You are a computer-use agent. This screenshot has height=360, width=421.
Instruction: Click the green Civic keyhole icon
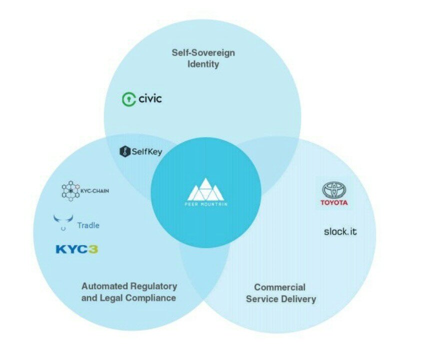pos(128,99)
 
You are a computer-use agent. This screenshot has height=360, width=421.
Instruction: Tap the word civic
pos(150,98)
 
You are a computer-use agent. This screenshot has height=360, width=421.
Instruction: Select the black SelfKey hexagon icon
pos(125,151)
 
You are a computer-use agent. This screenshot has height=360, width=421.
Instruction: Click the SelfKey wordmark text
pos(147,151)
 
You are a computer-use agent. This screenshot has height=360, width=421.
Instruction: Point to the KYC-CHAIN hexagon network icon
pos(70,191)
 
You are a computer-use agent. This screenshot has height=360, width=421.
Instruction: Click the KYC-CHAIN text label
pos(95,191)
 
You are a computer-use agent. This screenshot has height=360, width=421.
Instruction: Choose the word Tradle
pos(88,225)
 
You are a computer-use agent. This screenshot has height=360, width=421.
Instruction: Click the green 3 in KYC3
pos(93,249)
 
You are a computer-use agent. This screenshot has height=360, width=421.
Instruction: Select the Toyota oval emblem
pos(334,190)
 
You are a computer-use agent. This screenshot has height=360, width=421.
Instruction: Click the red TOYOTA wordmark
pos(334,202)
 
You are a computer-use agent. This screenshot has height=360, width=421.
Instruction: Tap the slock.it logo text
pos(340,231)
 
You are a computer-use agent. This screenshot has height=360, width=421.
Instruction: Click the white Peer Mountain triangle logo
pos(205,189)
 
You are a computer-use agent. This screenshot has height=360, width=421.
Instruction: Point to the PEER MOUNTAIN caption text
pos(206,204)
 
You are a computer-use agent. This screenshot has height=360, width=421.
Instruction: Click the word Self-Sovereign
pos(203,52)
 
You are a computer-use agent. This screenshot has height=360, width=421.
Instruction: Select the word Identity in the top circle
pos(203,64)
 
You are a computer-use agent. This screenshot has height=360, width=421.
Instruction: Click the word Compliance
pos(150,298)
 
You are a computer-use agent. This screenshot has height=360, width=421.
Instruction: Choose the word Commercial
pos(279,287)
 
